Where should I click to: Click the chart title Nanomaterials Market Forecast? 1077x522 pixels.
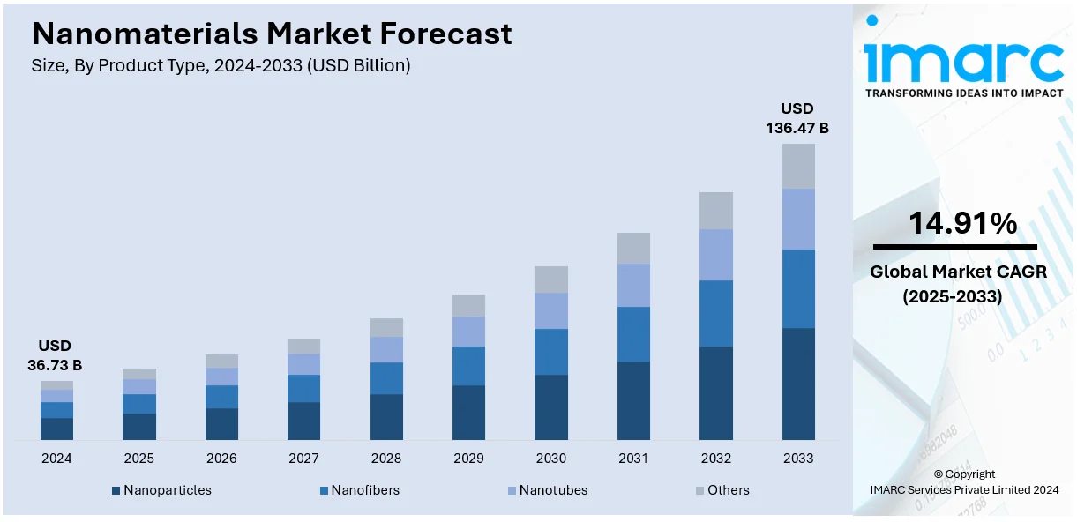272,34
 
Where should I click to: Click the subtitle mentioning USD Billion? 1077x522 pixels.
221,66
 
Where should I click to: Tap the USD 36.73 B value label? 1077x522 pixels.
56,354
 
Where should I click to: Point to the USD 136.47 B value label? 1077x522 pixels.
797,118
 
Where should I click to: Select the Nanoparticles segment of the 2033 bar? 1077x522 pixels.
798,384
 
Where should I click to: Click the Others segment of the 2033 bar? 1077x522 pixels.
798,166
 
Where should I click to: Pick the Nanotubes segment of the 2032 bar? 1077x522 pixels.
716,255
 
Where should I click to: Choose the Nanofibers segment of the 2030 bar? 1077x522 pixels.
551,352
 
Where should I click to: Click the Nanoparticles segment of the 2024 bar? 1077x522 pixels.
56,429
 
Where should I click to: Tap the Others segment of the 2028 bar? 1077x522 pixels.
386,327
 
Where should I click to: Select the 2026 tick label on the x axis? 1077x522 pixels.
221,459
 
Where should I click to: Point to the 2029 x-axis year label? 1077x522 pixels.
468,459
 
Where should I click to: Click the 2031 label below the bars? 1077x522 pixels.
633,459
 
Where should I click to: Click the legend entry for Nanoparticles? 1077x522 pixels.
161,490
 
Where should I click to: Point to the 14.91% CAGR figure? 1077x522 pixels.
963,224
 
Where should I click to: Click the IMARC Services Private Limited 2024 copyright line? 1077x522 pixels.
963,489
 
